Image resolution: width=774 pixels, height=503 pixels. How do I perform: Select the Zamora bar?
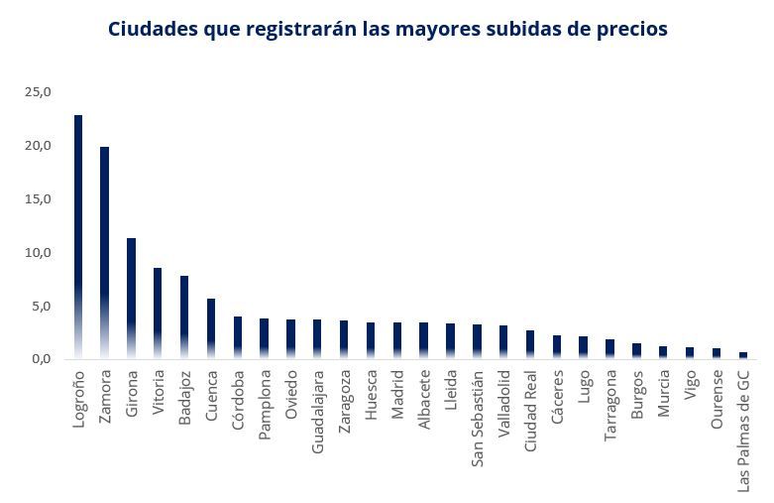click(x=104, y=252)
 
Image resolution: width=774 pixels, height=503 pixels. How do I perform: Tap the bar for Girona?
click(x=131, y=298)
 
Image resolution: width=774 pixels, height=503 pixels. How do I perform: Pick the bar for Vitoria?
click(x=158, y=313)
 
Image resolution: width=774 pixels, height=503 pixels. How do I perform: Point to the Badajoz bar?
click(x=184, y=316)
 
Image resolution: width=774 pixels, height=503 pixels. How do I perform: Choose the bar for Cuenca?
click(x=211, y=328)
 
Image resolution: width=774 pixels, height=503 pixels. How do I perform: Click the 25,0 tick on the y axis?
click(x=38, y=92)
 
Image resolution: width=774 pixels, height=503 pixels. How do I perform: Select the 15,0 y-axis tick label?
click(x=38, y=199)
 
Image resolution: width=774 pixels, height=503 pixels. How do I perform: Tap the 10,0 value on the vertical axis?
click(x=38, y=253)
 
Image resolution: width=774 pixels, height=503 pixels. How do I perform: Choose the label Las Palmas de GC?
click(x=744, y=431)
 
